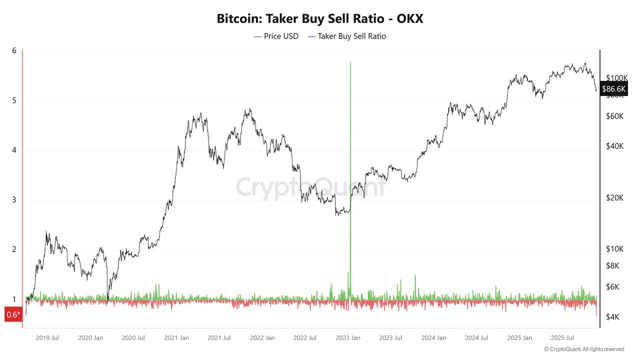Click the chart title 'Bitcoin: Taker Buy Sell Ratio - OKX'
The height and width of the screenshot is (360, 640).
point(320,18)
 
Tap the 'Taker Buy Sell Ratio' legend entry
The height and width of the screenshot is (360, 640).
point(351,36)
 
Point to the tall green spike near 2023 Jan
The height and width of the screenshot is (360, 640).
point(350,150)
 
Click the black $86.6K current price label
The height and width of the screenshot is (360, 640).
point(614,89)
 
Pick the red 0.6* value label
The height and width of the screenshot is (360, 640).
point(13,314)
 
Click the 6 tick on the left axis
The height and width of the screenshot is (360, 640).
point(14,50)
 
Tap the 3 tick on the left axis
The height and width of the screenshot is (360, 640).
point(14,200)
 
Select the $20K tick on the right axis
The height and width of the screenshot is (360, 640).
point(614,198)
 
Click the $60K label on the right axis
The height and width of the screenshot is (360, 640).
point(614,116)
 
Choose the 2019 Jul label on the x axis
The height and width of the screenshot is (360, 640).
point(47,338)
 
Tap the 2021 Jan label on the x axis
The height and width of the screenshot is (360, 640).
point(176,338)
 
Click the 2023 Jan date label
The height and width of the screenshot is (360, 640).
point(348,338)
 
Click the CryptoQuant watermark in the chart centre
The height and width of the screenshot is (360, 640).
point(310,187)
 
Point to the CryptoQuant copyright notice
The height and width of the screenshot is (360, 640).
point(584,349)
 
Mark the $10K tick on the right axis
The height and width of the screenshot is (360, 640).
point(614,249)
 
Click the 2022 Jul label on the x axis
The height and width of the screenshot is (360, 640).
point(305,338)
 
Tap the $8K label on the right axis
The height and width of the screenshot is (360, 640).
point(612,265)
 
